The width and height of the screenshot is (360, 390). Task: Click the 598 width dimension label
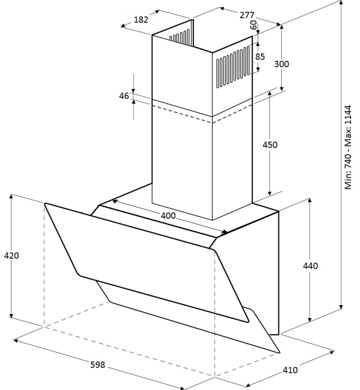pos(97,365)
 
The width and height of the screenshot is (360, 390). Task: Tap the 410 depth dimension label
pos(290,370)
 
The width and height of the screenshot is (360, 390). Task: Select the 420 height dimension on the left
pos(11,256)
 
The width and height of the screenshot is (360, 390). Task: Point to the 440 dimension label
pos(310,266)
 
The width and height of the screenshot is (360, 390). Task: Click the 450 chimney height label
pos(270,144)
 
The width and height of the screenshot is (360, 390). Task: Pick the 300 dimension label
pos(282,64)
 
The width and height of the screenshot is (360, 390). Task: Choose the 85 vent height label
pos(260,57)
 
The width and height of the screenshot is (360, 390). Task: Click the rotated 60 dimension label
pos(254,25)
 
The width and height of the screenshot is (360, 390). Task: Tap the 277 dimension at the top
pos(247,15)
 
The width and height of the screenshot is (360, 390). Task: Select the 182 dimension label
pos(141,20)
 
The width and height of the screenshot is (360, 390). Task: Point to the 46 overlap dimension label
pos(124,96)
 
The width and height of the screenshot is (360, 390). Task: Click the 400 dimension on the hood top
pos(168,215)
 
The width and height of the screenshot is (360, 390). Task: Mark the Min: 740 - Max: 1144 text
pos(348,147)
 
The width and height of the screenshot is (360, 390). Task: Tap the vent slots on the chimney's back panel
pos(179,37)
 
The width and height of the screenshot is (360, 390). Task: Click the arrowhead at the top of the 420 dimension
pos(11,196)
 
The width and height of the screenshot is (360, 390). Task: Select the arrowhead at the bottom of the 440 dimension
pos(310,320)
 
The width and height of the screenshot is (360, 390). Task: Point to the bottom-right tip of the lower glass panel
pos(280,352)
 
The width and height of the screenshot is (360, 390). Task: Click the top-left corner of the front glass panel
pos(46,203)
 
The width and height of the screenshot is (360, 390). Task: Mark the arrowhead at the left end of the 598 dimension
pos(15,341)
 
